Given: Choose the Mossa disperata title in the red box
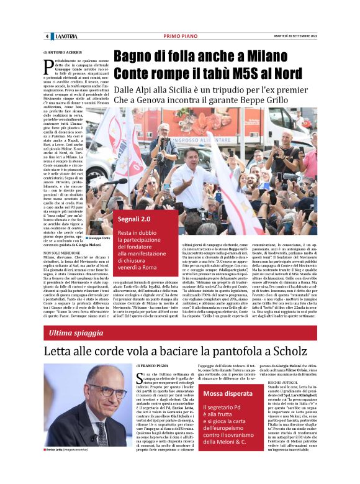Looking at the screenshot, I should pyautogui.click(x=228, y=394).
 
